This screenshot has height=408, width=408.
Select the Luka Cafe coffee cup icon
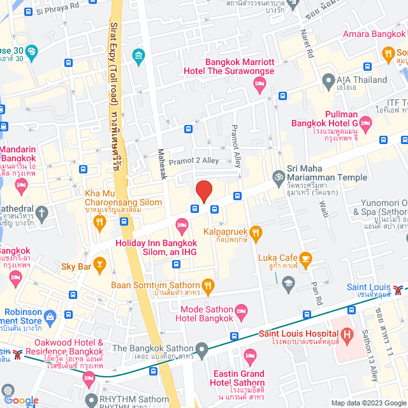tap(305, 258)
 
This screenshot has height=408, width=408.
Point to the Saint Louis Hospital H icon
tap(347, 333)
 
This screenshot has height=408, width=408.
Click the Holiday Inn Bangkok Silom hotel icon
tap(182, 224)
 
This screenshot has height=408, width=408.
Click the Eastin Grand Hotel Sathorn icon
tap(251, 354)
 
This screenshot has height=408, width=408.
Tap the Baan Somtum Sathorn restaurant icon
tap(208, 285)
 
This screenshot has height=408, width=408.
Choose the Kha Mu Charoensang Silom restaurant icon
tap(99, 221)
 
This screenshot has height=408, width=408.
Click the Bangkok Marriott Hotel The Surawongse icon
tap(259, 85)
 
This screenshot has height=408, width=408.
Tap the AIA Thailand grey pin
tap(328, 80)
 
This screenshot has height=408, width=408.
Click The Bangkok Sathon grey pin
tap(202, 349)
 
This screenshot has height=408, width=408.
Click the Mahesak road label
tap(161, 164)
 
